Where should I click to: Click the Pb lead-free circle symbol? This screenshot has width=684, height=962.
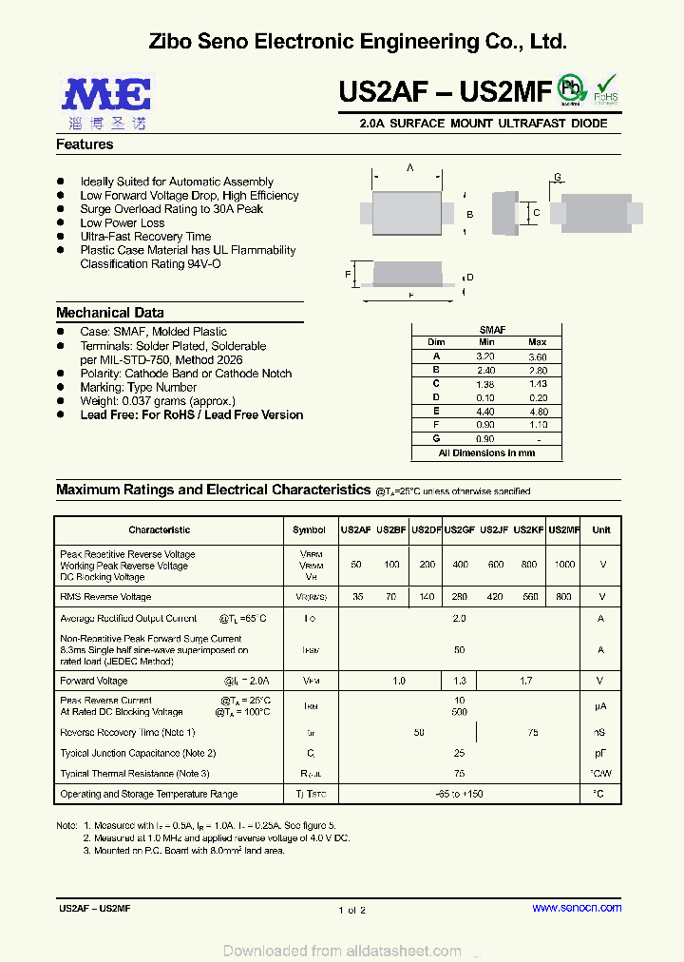(571, 87)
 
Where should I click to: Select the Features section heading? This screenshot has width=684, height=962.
(85, 144)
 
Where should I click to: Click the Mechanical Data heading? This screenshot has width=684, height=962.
(109, 313)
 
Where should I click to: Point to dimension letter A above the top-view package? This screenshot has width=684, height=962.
(410, 167)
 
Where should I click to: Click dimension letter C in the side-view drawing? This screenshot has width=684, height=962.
(536, 213)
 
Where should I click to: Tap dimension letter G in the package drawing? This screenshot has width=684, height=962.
(558, 178)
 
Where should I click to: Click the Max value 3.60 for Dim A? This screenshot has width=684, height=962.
(538, 356)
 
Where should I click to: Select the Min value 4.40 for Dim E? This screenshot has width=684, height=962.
(485, 412)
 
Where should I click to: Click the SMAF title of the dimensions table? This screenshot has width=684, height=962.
(492, 330)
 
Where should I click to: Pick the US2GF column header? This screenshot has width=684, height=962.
(460, 529)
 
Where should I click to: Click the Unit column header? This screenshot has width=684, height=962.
(601, 529)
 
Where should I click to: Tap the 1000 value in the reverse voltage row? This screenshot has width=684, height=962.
(564, 565)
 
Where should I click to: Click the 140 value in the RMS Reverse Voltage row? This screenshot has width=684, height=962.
(427, 597)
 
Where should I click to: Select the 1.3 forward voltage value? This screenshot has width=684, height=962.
(460, 681)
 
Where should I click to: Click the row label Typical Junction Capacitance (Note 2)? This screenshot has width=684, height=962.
(138, 753)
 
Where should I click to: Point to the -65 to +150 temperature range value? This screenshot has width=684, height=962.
(460, 794)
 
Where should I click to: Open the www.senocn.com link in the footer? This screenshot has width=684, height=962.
(577, 908)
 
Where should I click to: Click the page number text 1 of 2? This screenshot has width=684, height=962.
(351, 910)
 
